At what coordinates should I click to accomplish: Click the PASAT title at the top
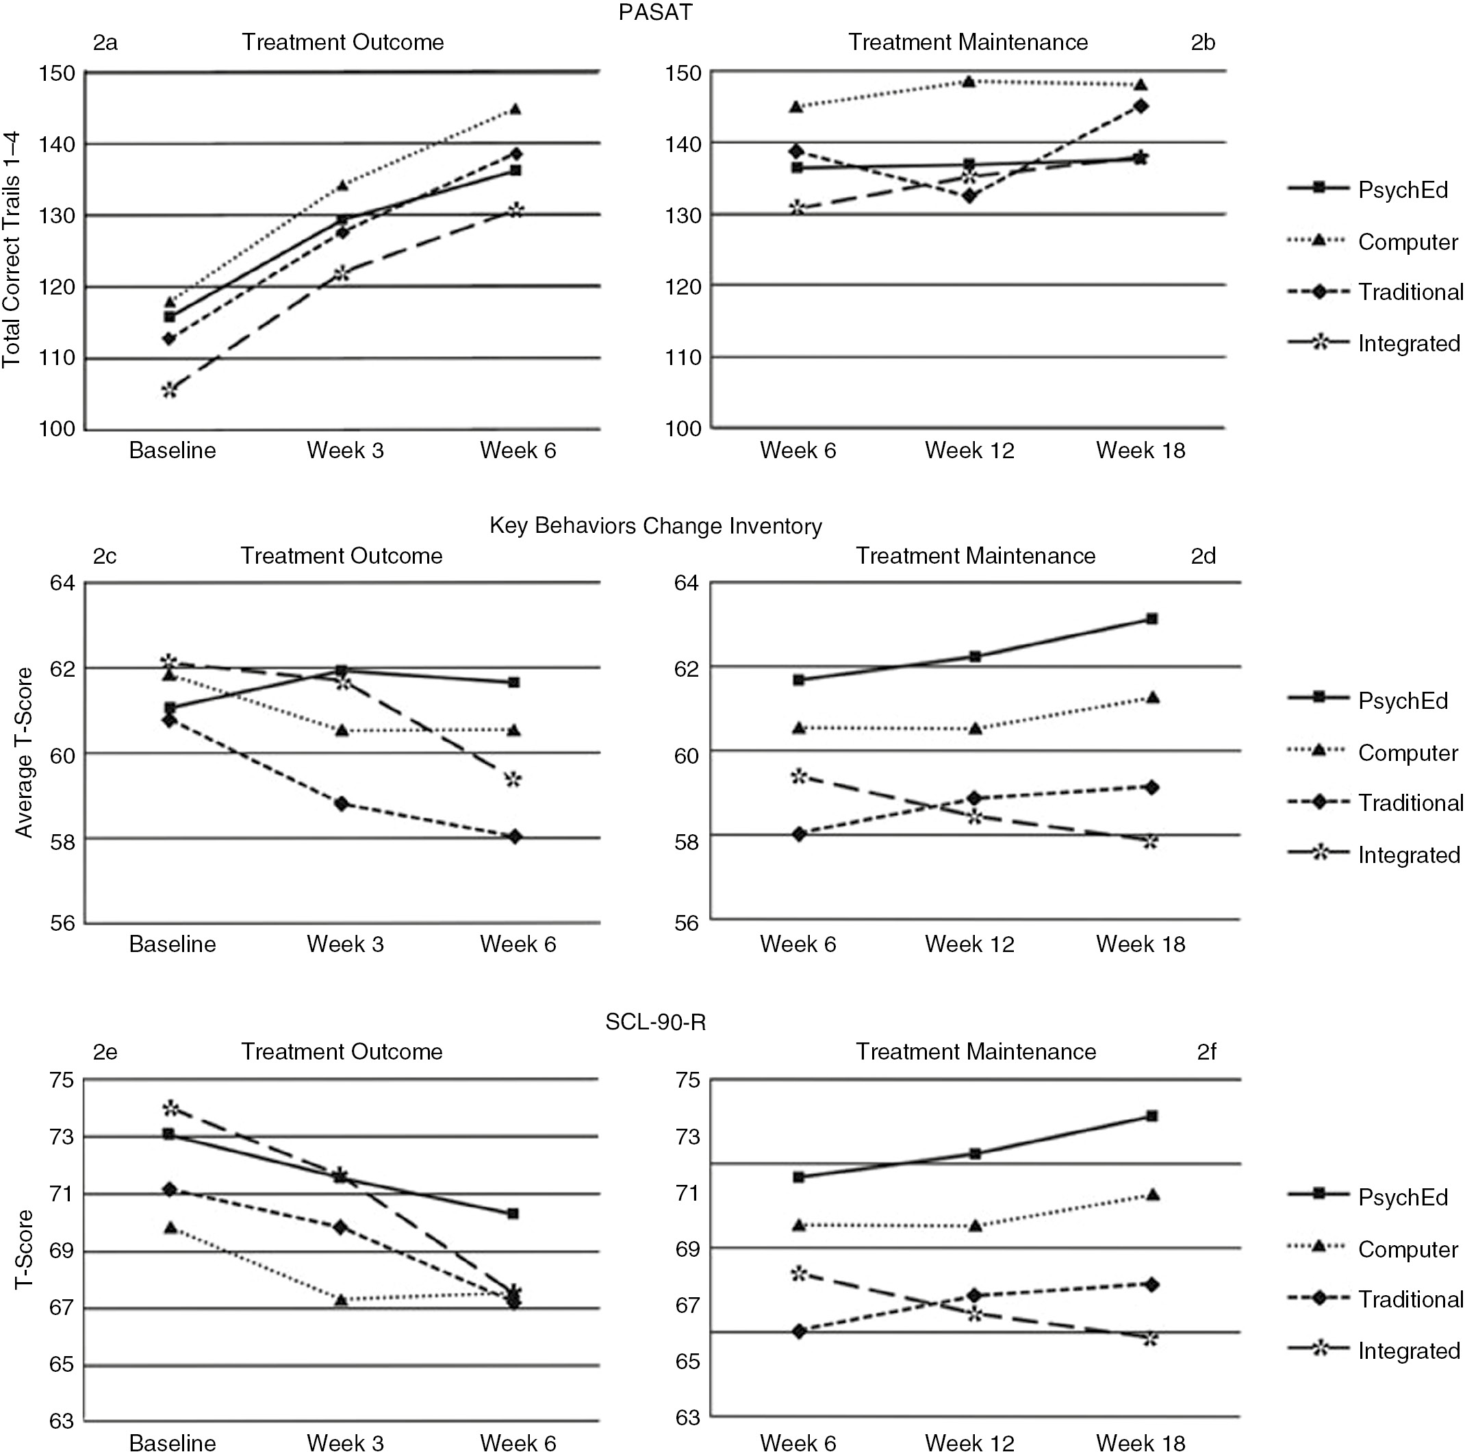pos(655,13)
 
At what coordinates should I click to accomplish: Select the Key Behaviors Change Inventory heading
pos(655,526)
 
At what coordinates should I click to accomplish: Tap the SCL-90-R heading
pos(655,1022)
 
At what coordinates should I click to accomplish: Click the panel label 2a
pos(105,42)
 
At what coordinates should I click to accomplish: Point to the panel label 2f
pos(1206,1051)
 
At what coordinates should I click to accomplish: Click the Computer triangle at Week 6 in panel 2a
pos(515,109)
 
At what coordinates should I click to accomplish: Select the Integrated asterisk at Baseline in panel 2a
pos(169,390)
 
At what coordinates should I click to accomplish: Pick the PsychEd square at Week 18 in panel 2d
pos(1151,619)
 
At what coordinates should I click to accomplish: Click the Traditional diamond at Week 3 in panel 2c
pos(342,803)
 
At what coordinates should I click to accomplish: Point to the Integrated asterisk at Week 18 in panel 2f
pos(1150,1338)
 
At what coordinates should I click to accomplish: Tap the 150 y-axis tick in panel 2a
pos(58,73)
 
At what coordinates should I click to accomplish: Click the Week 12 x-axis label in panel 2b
pos(969,451)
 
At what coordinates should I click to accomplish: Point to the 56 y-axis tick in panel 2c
pos(63,923)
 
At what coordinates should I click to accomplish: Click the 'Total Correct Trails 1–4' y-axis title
pos(12,251)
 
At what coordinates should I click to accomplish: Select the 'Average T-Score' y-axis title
pos(24,753)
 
